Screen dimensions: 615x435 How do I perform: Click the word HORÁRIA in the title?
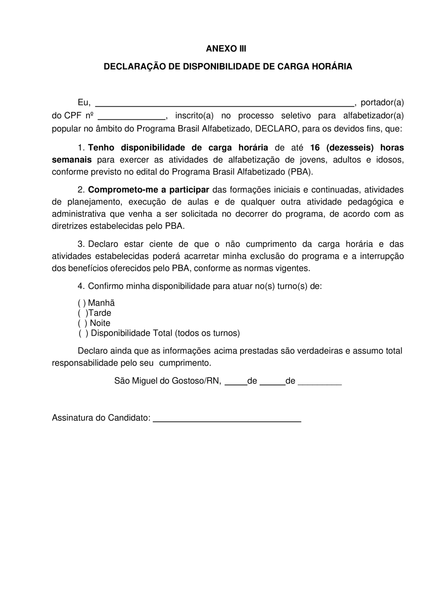point(332,67)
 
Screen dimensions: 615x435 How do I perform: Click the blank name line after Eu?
point(225,103)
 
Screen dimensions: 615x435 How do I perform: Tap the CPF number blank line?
point(132,116)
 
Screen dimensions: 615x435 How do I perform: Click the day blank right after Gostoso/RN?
point(236,382)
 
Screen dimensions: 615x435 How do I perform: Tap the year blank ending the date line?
point(320,382)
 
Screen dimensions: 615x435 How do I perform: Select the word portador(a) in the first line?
point(382,102)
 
